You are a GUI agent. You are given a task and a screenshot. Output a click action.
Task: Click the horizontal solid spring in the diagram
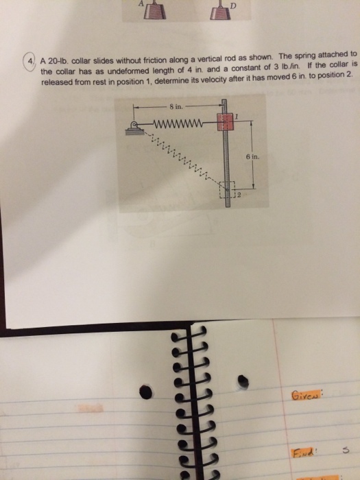click(x=179, y=124)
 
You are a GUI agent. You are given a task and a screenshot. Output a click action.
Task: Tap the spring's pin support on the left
click(x=132, y=125)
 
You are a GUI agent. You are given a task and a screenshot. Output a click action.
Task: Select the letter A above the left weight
click(x=143, y=3)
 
